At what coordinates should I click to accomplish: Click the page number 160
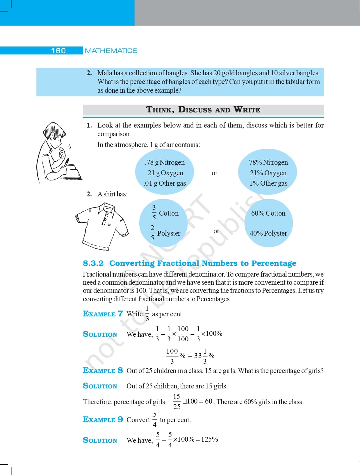tap(58, 51)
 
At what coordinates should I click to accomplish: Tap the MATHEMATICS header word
tap(111, 51)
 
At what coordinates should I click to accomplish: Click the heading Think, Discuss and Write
tap(203, 110)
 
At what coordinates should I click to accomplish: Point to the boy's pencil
tap(66, 163)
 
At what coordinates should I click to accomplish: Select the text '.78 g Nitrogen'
tap(165, 162)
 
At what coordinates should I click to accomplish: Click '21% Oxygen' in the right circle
tap(268, 173)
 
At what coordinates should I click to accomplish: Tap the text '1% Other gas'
tap(268, 183)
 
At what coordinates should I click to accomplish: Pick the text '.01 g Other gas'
tap(165, 183)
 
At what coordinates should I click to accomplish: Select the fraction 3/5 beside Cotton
tap(154, 212)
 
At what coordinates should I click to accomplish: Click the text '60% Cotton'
tap(268, 213)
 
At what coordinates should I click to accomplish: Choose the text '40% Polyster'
tap(268, 233)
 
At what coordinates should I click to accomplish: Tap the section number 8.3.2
tap(93, 263)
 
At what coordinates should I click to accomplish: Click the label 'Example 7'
tap(103, 314)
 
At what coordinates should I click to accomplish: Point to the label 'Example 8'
tap(103, 370)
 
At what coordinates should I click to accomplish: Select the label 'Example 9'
tap(103, 420)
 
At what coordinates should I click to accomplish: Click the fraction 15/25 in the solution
tap(177, 402)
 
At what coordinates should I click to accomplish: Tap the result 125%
tap(209, 439)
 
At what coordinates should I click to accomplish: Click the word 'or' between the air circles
tap(215, 173)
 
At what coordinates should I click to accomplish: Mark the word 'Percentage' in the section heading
tap(274, 263)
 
